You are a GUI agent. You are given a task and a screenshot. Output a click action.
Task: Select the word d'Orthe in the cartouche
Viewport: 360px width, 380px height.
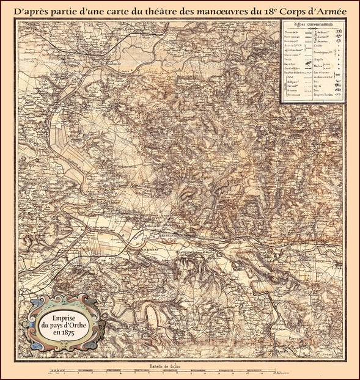pos(74,326)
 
